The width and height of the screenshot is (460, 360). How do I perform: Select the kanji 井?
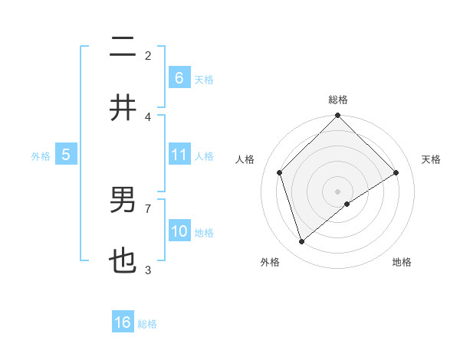tap(123, 108)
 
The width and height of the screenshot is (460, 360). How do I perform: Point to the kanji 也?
tap(123, 262)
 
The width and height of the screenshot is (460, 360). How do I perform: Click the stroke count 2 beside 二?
tap(148, 55)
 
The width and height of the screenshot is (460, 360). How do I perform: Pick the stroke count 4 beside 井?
tap(148, 116)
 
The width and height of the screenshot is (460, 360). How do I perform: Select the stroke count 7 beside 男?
tap(148, 208)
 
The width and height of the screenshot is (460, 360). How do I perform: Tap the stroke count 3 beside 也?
tap(148, 270)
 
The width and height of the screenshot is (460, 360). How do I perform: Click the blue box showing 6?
tap(179, 78)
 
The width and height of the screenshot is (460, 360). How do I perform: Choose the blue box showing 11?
tap(179, 155)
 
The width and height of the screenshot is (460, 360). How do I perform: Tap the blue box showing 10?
tap(179, 231)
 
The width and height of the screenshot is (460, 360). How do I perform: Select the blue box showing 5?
tap(66, 155)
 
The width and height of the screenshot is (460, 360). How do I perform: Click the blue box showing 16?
tap(123, 322)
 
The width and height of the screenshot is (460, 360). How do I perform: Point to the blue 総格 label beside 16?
tap(147, 324)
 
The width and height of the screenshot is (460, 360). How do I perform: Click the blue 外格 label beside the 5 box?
tap(41, 156)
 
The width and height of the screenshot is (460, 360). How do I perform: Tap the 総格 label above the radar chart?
tap(338, 100)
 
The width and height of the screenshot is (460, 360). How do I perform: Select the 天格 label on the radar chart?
tap(431, 159)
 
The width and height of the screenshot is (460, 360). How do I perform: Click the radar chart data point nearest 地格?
tap(347, 204)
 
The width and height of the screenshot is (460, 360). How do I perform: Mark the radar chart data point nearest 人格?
tap(280, 172)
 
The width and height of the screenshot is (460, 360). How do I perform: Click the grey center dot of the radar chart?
tap(338, 191)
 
